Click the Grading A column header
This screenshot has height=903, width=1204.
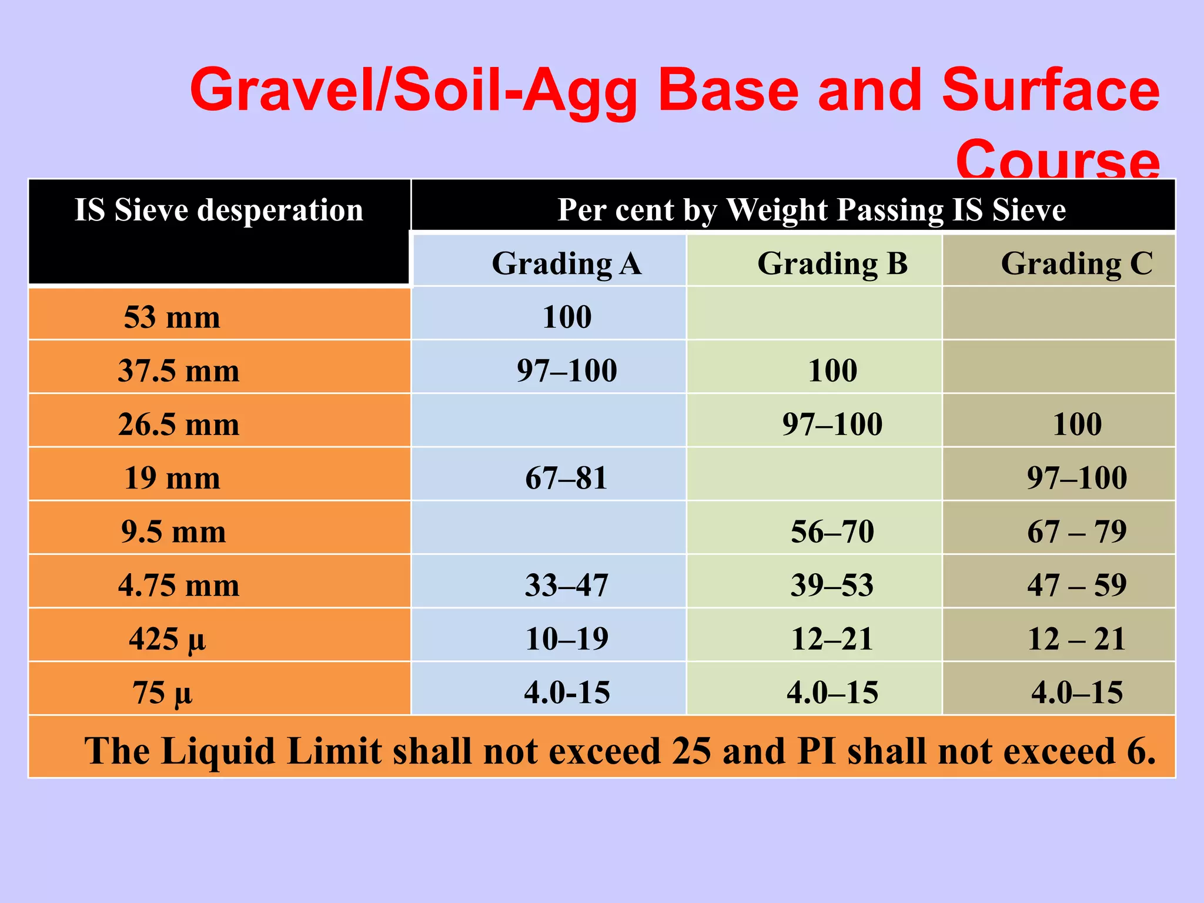click(x=566, y=263)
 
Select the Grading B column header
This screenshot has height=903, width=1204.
click(x=832, y=263)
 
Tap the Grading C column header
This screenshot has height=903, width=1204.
click(x=1076, y=263)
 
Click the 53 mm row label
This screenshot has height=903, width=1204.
click(x=172, y=317)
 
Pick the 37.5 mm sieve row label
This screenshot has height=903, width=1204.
click(x=179, y=371)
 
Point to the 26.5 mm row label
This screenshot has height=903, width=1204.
click(x=179, y=424)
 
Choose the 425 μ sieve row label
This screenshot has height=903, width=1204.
click(x=168, y=639)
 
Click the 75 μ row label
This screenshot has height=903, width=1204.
click(x=162, y=693)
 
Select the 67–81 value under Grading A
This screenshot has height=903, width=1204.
click(x=566, y=478)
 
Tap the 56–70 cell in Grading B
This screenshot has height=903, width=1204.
click(x=832, y=531)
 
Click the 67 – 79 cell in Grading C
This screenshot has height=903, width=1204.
click(x=1076, y=531)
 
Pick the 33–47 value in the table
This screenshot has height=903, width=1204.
click(x=566, y=586)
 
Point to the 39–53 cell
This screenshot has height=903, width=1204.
click(x=832, y=586)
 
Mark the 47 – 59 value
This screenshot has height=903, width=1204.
click(x=1076, y=586)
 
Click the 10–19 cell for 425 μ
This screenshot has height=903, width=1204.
click(x=566, y=639)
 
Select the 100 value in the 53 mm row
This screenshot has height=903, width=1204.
click(x=566, y=317)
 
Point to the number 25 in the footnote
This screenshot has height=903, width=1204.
click(x=691, y=751)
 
